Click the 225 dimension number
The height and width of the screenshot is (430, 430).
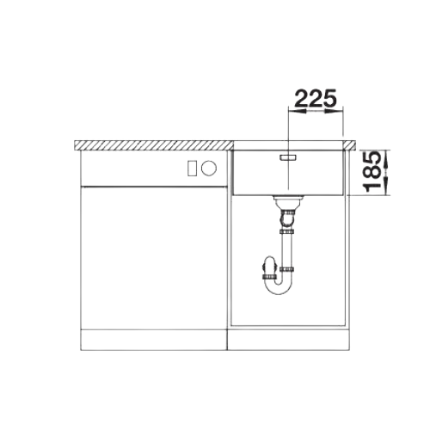pos(316,98)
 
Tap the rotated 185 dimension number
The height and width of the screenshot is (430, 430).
pos(372,172)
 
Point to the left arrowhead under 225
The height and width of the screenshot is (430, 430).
pos(297,111)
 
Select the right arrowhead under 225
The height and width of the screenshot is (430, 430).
pos(334,111)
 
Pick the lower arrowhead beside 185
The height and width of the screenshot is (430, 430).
pos(385,186)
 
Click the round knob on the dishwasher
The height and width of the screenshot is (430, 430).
pos(209,168)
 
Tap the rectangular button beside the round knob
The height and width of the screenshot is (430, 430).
pos(192,168)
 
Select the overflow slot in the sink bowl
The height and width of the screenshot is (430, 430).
pos(287,157)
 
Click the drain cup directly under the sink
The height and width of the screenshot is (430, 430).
pos(287,202)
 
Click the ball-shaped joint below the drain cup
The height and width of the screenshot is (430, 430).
pos(287,219)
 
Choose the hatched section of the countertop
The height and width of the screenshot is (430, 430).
pos(154,145)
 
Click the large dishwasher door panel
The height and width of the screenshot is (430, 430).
pos(154,258)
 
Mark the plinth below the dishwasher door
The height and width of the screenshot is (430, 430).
pos(154,340)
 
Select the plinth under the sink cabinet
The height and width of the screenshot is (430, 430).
pos(289,340)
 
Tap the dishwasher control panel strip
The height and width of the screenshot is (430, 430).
pos(154,169)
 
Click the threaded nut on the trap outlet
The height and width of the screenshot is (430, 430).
pos(269,277)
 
